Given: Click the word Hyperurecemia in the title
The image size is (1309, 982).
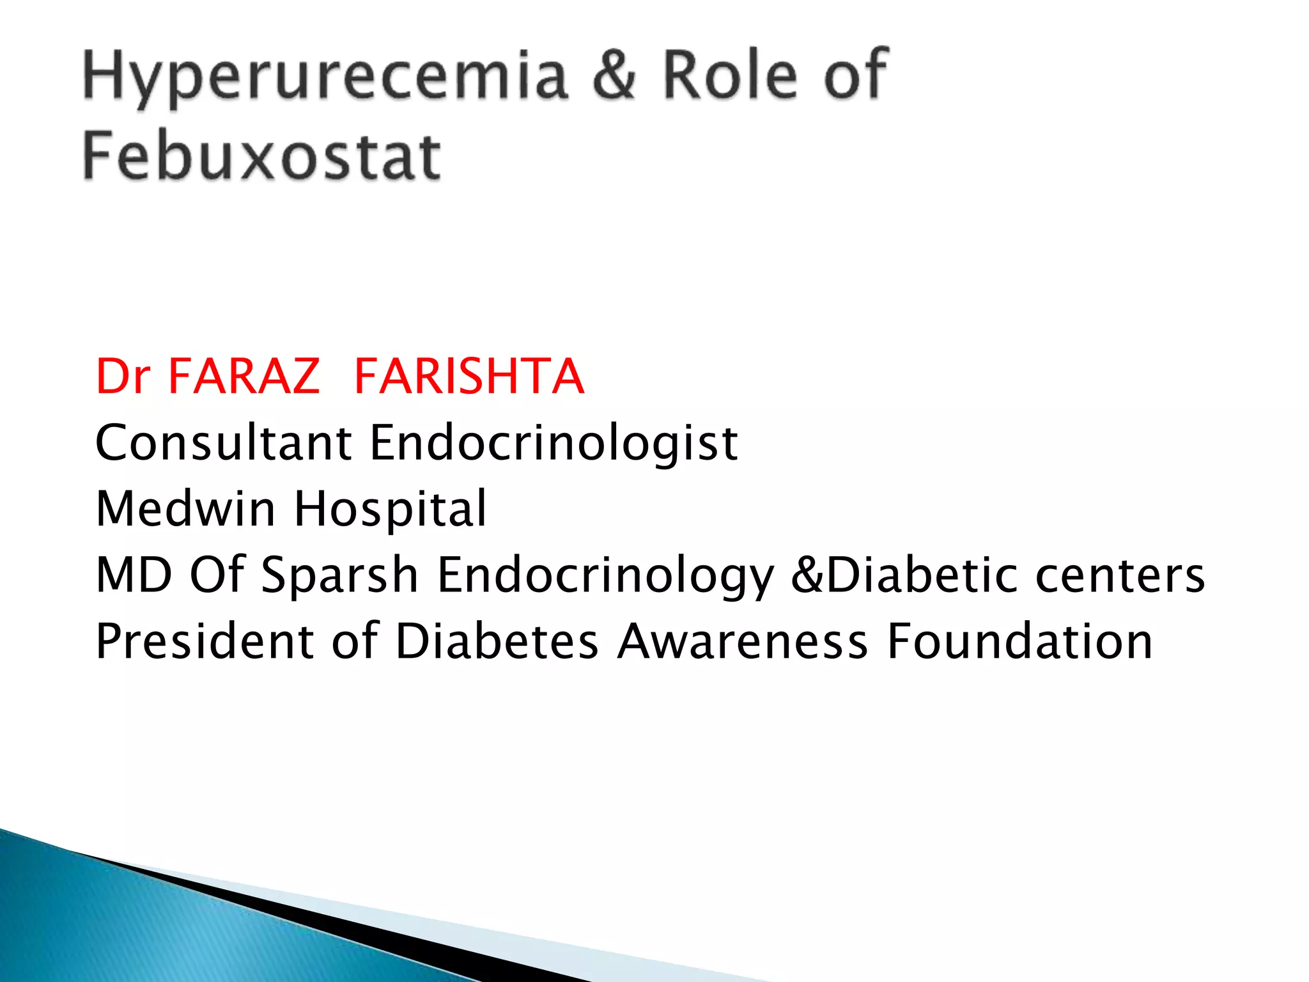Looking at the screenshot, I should point(325,77).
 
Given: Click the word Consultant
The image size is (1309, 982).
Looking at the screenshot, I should point(223,442).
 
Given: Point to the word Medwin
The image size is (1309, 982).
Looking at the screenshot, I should point(185,508).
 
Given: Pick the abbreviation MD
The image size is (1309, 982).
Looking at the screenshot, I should point(134,575).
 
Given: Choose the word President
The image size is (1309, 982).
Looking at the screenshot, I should point(205,641).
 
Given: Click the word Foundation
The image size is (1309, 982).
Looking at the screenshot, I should point(1020,641).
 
